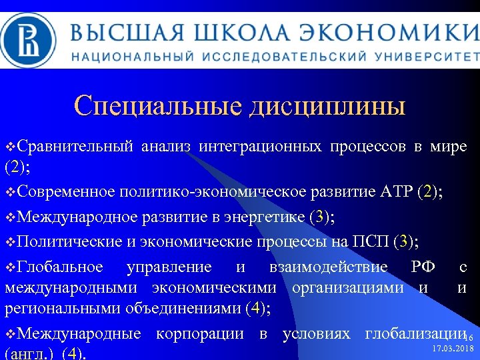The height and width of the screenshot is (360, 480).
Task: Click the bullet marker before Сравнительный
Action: pyautogui.click(x=9, y=146)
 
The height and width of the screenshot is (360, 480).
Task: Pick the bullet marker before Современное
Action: pyautogui.click(x=9, y=193)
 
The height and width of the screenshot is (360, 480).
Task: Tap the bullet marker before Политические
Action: pyautogui.click(x=9, y=241)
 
